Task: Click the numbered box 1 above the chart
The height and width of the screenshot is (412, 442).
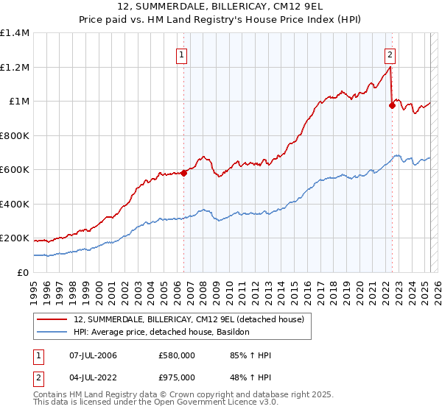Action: pyautogui.click(x=181, y=54)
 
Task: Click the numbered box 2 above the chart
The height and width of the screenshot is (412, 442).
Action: pyautogui.click(x=389, y=54)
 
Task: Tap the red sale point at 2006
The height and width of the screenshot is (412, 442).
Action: pyautogui.click(x=183, y=173)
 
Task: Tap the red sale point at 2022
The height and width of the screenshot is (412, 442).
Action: pyautogui.click(x=392, y=106)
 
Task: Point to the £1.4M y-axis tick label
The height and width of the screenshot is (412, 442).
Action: pyautogui.click(x=15, y=33)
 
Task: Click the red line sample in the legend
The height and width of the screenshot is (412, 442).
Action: pyautogui.click(x=52, y=319)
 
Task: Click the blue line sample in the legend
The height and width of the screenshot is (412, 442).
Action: pyautogui.click(x=52, y=333)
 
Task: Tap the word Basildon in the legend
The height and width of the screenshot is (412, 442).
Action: pyautogui.click(x=233, y=333)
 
